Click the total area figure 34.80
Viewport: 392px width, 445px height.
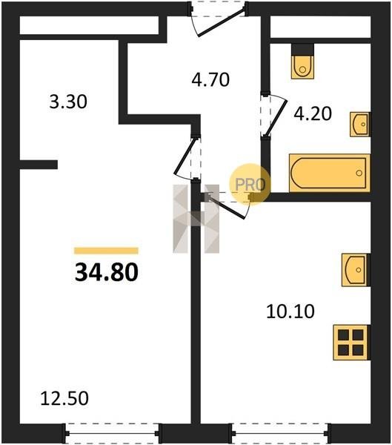pyautogui.click(x=107, y=272)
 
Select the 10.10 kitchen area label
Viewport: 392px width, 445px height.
pyautogui.click(x=290, y=311)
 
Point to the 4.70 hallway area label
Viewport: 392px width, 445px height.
pyautogui.click(x=210, y=79)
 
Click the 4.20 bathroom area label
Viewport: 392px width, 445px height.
pyautogui.click(x=313, y=113)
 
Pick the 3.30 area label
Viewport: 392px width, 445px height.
pyautogui.click(x=68, y=102)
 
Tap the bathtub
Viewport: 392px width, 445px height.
pyautogui.click(x=330, y=173)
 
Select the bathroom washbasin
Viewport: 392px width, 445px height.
pyautogui.click(x=360, y=125)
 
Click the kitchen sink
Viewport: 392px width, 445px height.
pyautogui.click(x=356, y=270)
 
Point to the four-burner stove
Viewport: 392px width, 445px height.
pyautogui.click(x=352, y=343)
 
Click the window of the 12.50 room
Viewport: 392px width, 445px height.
pyautogui.click(x=112, y=433)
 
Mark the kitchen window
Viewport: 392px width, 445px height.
pyautogui.click(x=280, y=433)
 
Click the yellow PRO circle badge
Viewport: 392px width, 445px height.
pyautogui.click(x=250, y=185)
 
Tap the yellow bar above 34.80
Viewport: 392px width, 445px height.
pyautogui.click(x=106, y=251)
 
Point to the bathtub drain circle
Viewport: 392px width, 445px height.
pyautogui.click(x=359, y=173)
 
